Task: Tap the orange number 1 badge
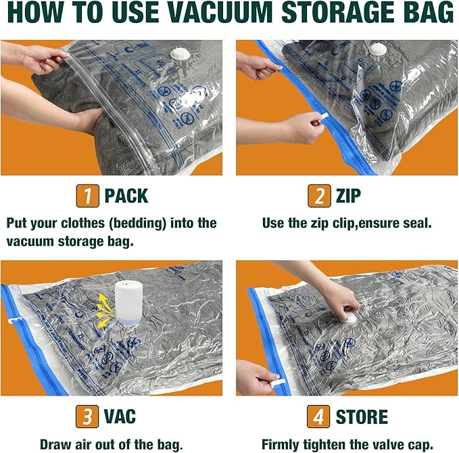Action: coord(87,196)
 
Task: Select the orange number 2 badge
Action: coord(318,196)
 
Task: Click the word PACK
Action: coord(126,197)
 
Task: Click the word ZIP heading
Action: coord(348,197)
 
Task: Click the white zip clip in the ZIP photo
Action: coord(320,118)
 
